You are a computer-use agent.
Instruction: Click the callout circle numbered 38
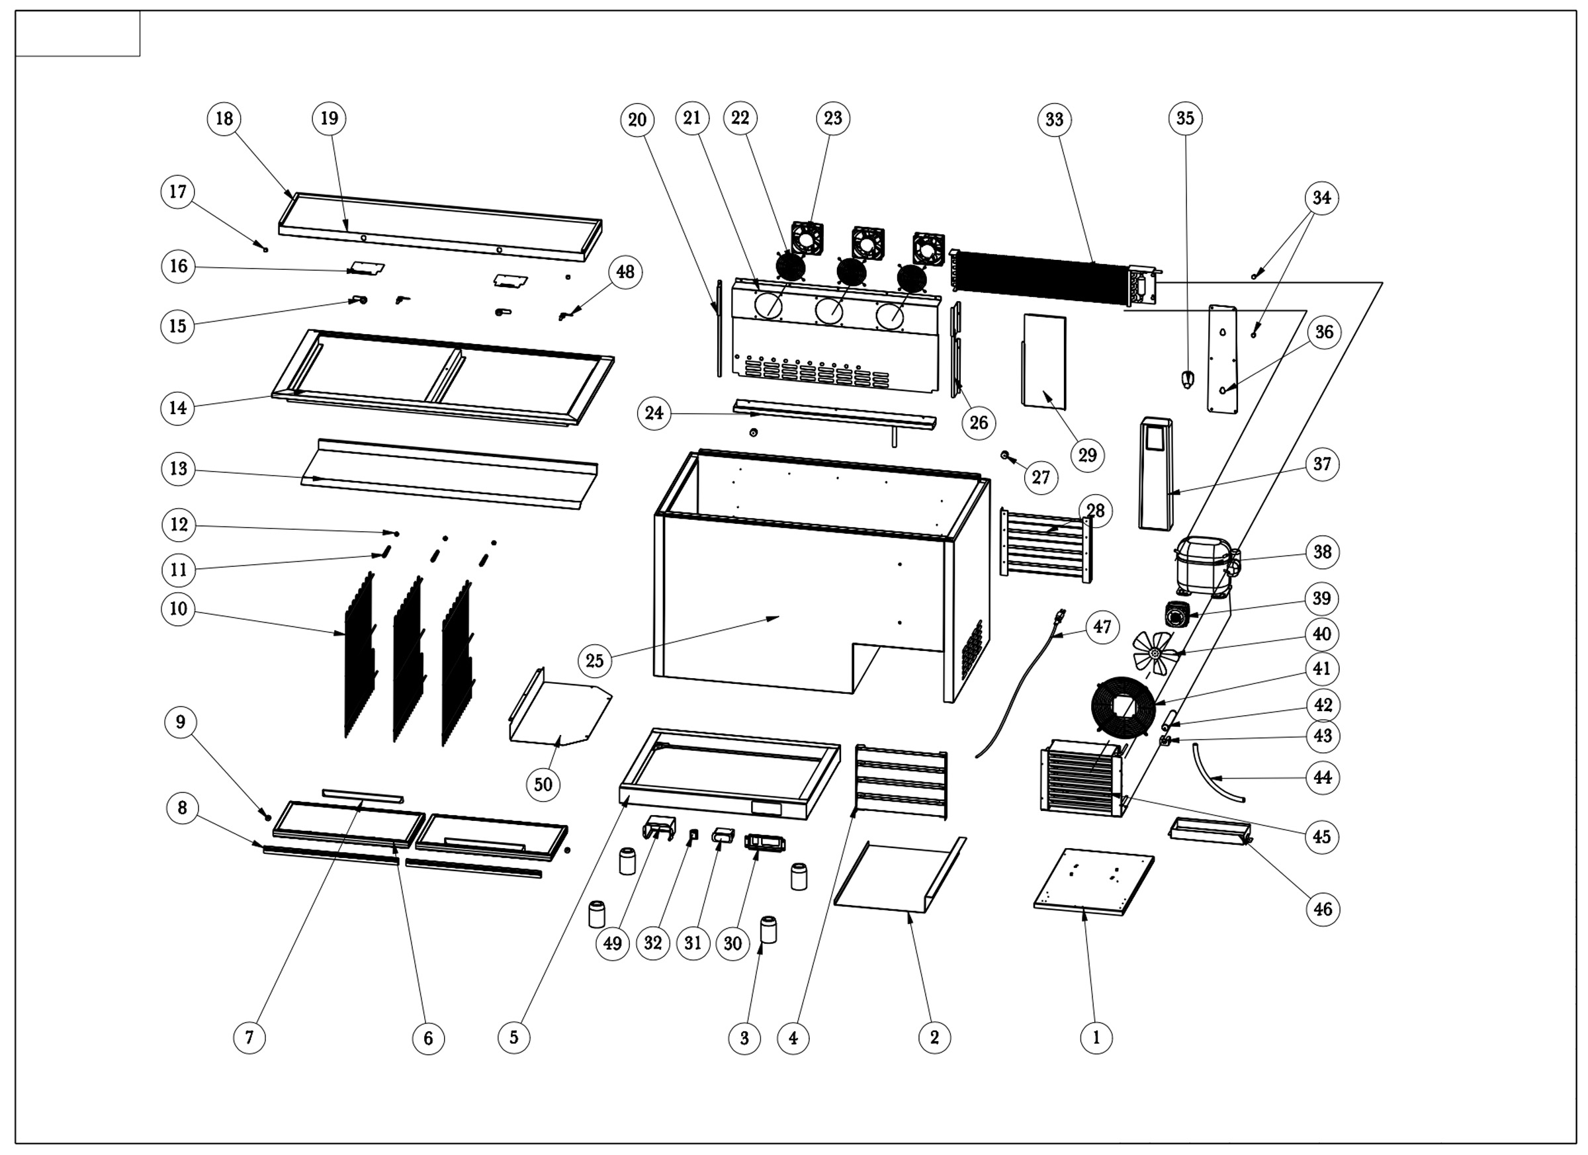click(x=1322, y=552)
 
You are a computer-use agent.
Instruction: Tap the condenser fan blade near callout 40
click(x=1154, y=652)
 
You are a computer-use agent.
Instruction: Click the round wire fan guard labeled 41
click(x=1123, y=707)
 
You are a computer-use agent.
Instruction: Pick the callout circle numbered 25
click(x=594, y=660)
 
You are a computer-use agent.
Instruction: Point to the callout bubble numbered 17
click(x=178, y=192)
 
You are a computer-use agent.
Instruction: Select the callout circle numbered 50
click(x=543, y=784)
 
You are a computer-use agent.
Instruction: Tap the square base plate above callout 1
click(x=1094, y=881)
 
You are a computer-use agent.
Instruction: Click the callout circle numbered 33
click(x=1055, y=120)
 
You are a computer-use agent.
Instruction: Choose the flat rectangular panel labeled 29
click(x=1045, y=361)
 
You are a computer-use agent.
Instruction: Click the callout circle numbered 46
click(x=1323, y=909)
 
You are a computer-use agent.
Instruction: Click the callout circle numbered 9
click(x=181, y=722)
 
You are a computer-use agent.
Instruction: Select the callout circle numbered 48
click(x=625, y=272)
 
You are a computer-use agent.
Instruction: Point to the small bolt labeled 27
click(x=1005, y=455)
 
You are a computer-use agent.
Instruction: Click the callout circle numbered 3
click(x=744, y=1037)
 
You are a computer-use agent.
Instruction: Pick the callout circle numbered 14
click(x=178, y=407)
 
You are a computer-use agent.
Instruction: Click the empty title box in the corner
click(x=77, y=33)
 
